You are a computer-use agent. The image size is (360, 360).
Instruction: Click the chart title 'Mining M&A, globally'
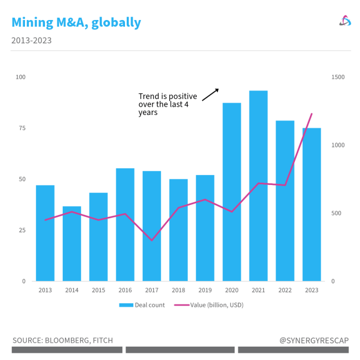coord(76,23)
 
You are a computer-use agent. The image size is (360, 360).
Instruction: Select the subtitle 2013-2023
coord(31,41)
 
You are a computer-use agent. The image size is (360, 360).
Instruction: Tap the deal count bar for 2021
coord(258,186)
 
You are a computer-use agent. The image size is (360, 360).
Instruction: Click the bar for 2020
coord(232,192)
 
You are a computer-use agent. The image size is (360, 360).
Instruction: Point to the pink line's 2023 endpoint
coord(312,114)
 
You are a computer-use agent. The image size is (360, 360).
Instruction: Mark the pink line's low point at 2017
coord(152,241)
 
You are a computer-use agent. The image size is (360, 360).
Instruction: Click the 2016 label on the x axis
coord(125,290)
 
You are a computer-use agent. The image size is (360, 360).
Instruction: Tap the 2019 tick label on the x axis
coord(205,290)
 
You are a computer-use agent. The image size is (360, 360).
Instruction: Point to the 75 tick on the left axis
coord(22,128)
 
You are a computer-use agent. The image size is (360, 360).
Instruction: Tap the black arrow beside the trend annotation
coord(210,94)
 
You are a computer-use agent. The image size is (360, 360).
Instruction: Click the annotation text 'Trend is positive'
coord(167,97)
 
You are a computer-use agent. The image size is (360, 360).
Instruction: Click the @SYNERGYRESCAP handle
coord(314,340)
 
